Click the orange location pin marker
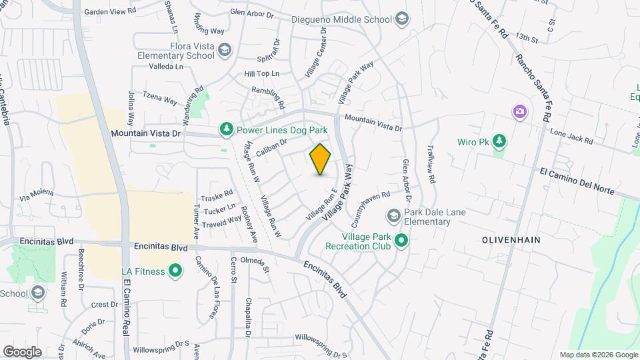[x=321, y=159]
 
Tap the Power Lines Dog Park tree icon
[x=227, y=130]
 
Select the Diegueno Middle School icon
[x=402, y=19]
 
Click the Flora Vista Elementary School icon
[x=225, y=49]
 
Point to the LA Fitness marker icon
[x=175, y=271]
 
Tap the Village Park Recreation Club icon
[x=401, y=241]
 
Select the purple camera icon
[x=519, y=111]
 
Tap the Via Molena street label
[x=37, y=194]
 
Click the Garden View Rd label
[x=110, y=11]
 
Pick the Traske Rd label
[x=217, y=197]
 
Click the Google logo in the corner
[x=22, y=352]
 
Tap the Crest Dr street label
[x=105, y=304]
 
